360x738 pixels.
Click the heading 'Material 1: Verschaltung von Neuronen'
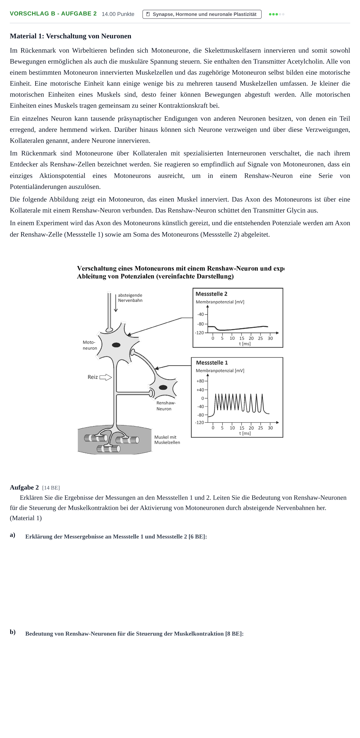pyautogui.click(x=70, y=36)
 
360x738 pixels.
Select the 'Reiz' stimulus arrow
pyautogui.click(x=106, y=377)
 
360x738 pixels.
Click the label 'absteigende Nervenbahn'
pyautogui.click(x=130, y=298)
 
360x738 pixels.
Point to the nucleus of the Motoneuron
pyautogui.click(x=116, y=345)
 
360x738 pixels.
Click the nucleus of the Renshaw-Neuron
pyautogui.click(x=163, y=388)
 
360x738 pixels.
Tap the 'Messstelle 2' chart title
pyautogui.click(x=211, y=294)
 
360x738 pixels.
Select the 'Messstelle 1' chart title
pyautogui.click(x=212, y=363)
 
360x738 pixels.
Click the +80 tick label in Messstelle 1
pyautogui.click(x=200, y=381)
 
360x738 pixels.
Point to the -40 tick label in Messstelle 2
pyautogui.click(x=200, y=314)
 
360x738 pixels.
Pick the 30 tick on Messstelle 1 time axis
pyautogui.click(x=270, y=428)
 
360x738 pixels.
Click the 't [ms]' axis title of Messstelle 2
pyautogui.click(x=245, y=344)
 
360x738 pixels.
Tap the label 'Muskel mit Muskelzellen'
pyautogui.click(x=167, y=440)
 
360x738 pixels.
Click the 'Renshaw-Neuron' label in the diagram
pyautogui.click(x=166, y=406)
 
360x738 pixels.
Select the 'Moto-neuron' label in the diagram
pyautogui.click(x=90, y=345)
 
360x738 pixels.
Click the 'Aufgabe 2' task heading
pyautogui.click(x=24, y=487)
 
